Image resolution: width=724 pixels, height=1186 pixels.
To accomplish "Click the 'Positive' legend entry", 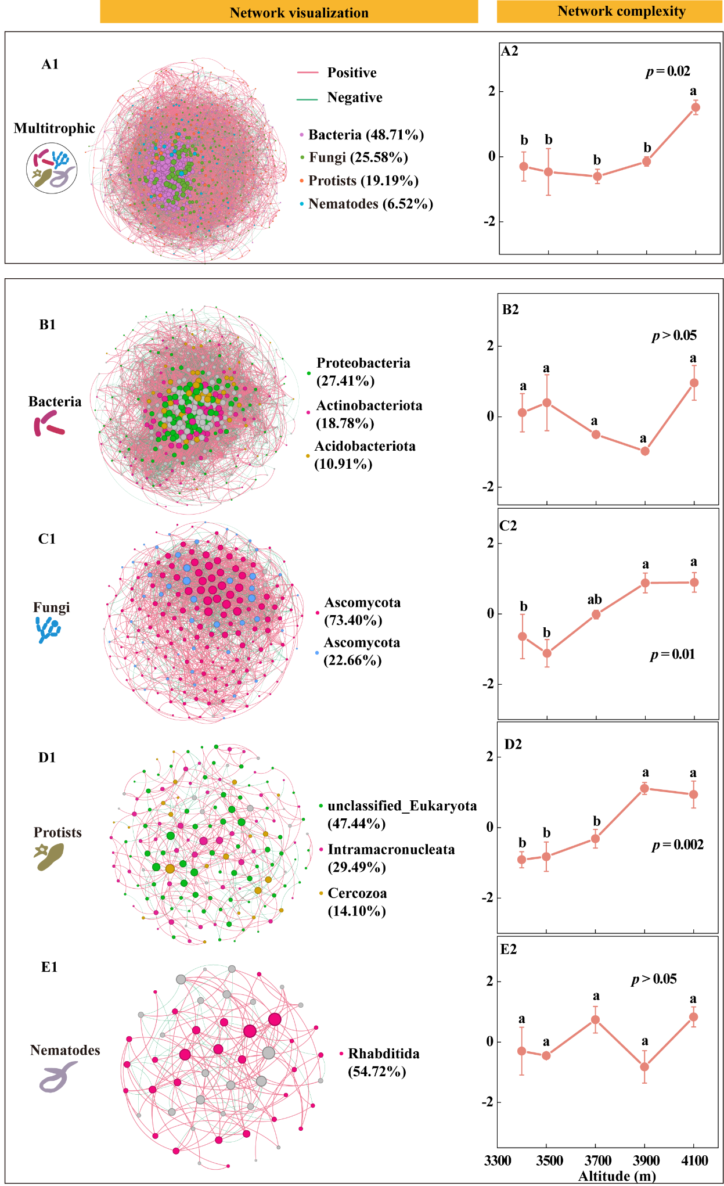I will tap(351, 73).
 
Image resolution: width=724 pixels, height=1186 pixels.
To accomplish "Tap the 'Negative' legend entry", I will tap(354, 98).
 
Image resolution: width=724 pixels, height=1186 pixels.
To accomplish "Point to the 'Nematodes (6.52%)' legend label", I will tap(370, 204).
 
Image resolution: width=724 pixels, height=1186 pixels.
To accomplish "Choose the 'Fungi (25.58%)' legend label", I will tap(358, 157).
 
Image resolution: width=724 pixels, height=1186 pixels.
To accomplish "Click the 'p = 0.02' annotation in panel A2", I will tap(668, 71).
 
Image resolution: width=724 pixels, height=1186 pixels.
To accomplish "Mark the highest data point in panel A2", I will tap(695, 107).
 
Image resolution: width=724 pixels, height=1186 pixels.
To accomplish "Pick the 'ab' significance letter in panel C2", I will tap(595, 600).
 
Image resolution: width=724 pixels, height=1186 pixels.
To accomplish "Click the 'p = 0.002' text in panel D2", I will tap(678, 844).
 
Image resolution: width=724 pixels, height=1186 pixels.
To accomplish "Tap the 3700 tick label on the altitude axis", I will tap(597, 1160).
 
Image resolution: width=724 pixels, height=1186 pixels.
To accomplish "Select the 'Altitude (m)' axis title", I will tap(617, 1176).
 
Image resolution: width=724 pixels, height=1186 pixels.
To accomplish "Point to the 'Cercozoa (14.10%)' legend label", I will tap(357, 901).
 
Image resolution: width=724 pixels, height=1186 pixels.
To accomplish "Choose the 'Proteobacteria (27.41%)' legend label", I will tap(363, 372).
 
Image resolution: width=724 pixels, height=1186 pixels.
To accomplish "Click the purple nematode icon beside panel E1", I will tap(57, 1077).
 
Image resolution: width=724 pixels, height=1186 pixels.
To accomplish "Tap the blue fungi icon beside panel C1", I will tap(48, 630).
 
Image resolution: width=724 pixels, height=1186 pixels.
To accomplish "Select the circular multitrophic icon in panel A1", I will tap(52, 168).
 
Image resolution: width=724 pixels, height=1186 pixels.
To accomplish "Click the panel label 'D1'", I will tap(47, 757).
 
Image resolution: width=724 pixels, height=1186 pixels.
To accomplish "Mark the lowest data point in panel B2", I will tap(644, 451).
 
